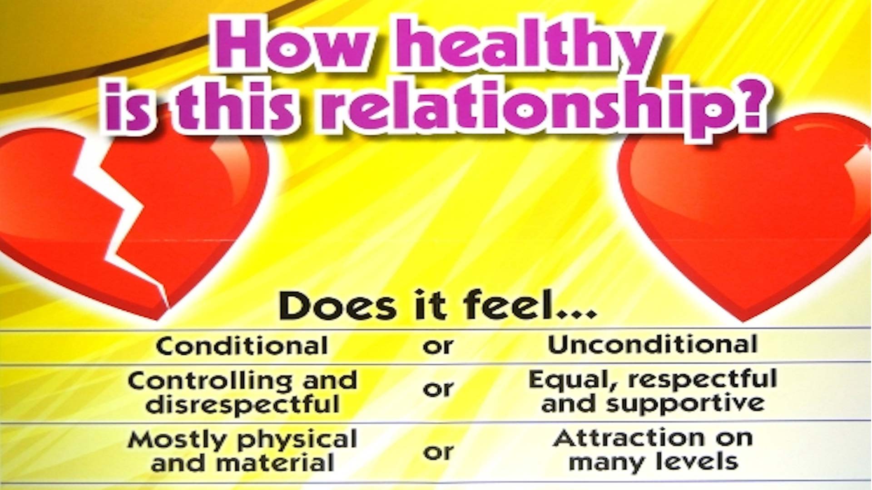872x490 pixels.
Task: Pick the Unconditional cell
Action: (x=653, y=344)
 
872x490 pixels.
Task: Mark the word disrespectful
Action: (x=243, y=404)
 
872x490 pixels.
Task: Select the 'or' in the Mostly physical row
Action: (x=438, y=452)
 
